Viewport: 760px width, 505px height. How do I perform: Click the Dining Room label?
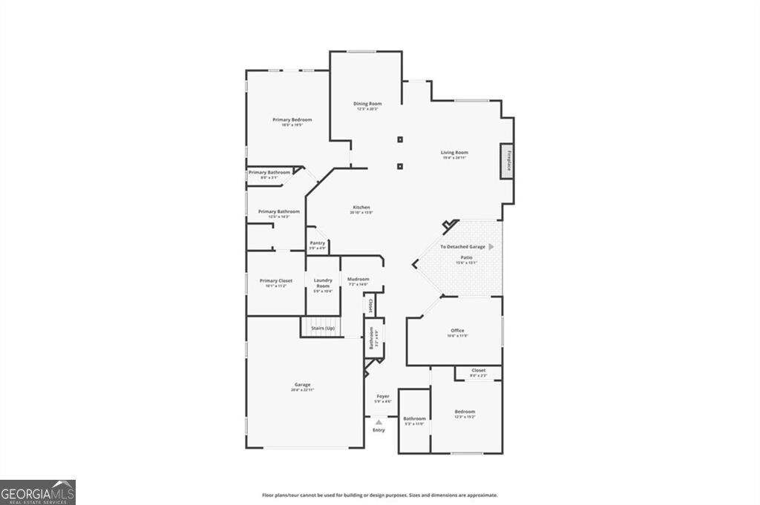pyautogui.click(x=367, y=104)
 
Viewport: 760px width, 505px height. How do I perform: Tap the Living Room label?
pyautogui.click(x=454, y=153)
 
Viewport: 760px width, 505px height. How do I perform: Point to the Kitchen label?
pyautogui.click(x=361, y=208)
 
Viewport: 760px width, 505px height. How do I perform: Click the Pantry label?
pyautogui.click(x=317, y=242)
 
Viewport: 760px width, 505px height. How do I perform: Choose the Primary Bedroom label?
pyautogui.click(x=292, y=120)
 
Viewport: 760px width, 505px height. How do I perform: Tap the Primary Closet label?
pyautogui.click(x=275, y=281)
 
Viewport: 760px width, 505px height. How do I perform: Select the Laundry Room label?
pyautogui.click(x=323, y=283)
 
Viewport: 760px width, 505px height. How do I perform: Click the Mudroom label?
pyautogui.click(x=358, y=280)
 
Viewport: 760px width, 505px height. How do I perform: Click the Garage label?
pyautogui.click(x=302, y=385)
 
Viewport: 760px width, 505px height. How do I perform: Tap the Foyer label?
pyautogui.click(x=383, y=397)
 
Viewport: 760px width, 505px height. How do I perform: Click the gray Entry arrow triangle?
pyautogui.click(x=379, y=422)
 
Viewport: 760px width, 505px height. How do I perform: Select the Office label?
pyautogui.click(x=457, y=331)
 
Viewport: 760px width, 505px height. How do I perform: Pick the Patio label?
pyautogui.click(x=466, y=257)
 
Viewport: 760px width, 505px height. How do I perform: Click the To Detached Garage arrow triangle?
pyautogui.click(x=491, y=246)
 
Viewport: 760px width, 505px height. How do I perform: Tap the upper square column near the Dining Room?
pyautogui.click(x=400, y=139)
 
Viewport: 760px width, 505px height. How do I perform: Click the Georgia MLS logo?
pyautogui.click(x=38, y=492)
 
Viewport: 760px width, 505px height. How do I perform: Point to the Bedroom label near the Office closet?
pyautogui.click(x=465, y=412)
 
